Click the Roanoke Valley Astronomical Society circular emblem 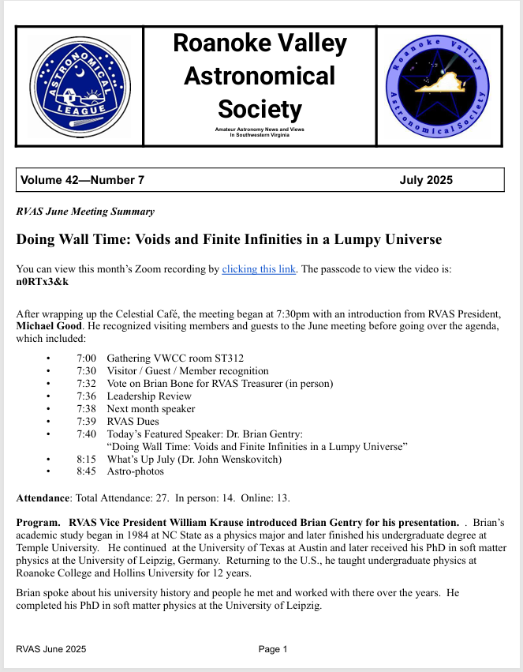tap(439, 86)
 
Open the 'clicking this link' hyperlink tap(259, 269)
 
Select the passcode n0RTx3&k tap(43, 282)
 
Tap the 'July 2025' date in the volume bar tap(426, 180)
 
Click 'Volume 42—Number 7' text tap(83, 180)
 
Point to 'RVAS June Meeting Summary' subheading tap(85, 212)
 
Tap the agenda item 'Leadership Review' tap(149, 396)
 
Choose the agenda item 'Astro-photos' tap(136, 471)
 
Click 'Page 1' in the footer tap(273, 649)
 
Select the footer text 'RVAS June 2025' tap(51, 649)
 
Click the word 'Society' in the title tap(260, 108)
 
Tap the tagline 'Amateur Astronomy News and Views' tap(260, 129)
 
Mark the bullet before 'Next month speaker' tap(49, 409)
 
